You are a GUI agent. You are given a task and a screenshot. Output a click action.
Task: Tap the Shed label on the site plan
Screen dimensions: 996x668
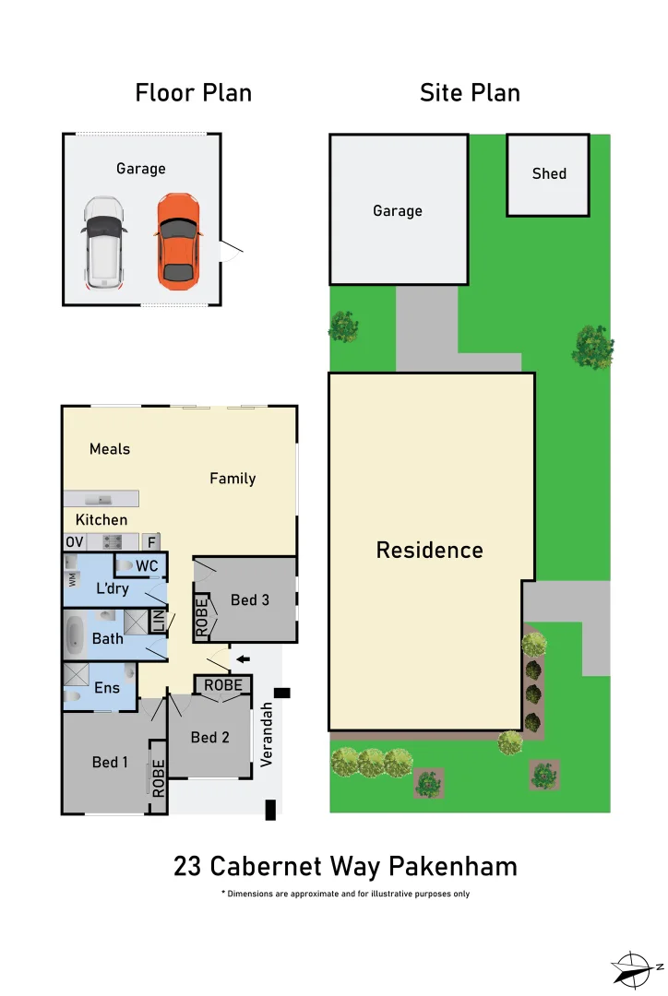549,173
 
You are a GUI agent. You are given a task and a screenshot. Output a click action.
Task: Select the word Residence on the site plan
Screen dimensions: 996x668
429,551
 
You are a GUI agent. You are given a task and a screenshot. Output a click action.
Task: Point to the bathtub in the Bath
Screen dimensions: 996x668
76,634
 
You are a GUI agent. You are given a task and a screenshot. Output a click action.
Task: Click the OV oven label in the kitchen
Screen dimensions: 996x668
74,541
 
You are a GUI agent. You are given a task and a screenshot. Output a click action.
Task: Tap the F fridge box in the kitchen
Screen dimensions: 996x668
151,542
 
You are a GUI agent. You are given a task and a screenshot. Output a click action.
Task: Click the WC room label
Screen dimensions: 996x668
148,565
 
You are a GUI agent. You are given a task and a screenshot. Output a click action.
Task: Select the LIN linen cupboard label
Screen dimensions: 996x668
158,621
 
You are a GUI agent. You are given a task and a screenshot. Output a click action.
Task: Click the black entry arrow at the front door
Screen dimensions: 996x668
243,658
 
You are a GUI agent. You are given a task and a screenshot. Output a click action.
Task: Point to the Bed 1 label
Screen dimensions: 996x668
111,762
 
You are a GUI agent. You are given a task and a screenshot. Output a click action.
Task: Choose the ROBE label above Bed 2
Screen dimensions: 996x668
223,685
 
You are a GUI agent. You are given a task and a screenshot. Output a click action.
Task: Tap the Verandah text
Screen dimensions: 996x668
267,734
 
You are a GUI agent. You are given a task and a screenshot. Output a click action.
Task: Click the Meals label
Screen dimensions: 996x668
110,449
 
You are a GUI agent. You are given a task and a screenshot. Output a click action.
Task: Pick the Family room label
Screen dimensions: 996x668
233,479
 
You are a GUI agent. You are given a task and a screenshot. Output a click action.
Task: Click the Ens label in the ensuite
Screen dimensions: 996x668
107,688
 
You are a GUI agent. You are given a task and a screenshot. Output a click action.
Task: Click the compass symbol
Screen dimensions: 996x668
636,967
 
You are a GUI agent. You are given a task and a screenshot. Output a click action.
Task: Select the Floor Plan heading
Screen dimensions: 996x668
194,93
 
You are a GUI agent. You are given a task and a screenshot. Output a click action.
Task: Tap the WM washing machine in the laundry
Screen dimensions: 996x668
72,578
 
